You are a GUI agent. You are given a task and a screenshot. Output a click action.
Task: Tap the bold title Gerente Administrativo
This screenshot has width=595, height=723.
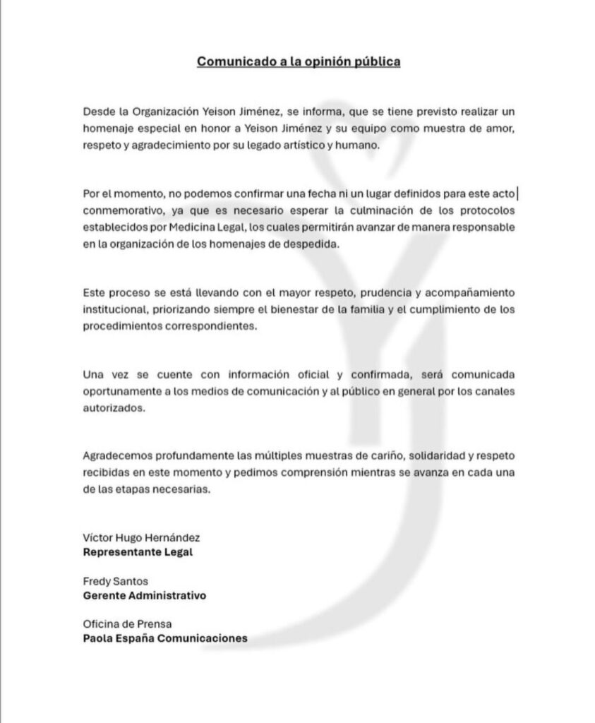[x=145, y=595]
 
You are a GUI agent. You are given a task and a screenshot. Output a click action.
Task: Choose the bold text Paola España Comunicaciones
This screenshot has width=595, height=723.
[x=165, y=638]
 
